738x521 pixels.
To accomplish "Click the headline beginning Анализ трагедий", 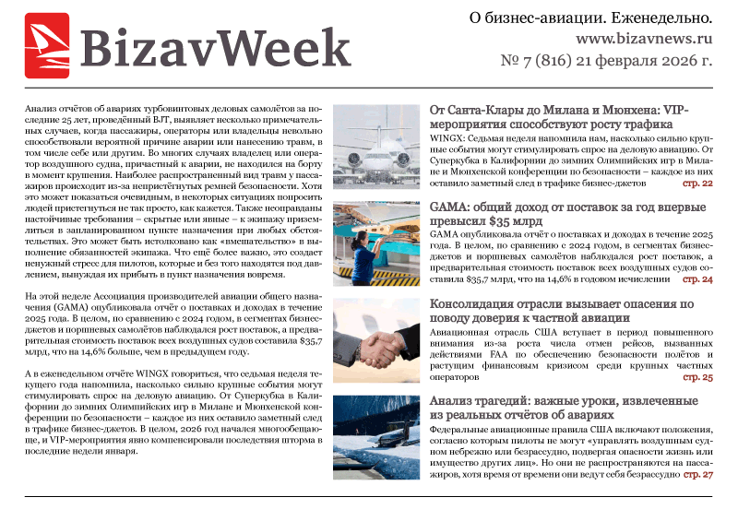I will [563, 408].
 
